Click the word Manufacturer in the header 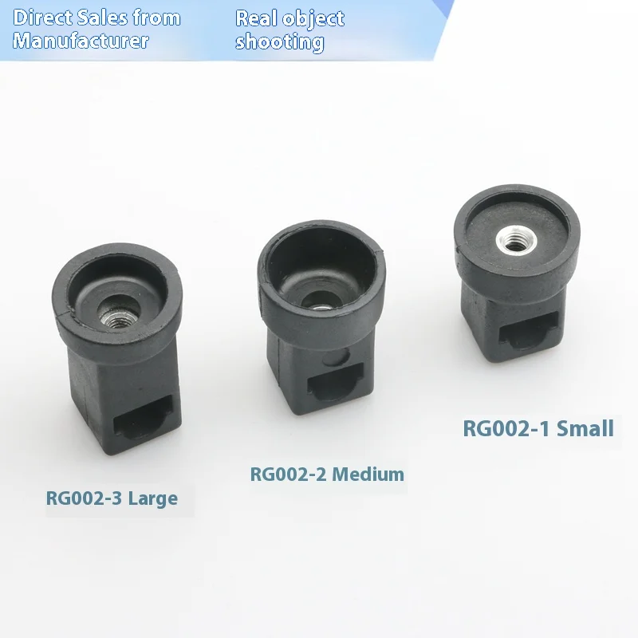pos(81,41)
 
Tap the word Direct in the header pos(40,18)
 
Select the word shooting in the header pos(279,41)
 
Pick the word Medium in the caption pos(368,475)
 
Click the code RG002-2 pos(289,475)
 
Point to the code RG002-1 pos(506,428)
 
